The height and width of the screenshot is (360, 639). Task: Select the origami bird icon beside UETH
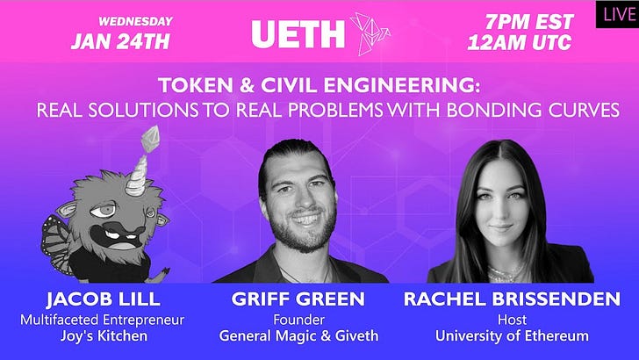(370, 32)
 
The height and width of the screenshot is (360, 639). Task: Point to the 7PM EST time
(529, 20)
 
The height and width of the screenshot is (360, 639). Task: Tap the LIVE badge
(617, 14)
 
